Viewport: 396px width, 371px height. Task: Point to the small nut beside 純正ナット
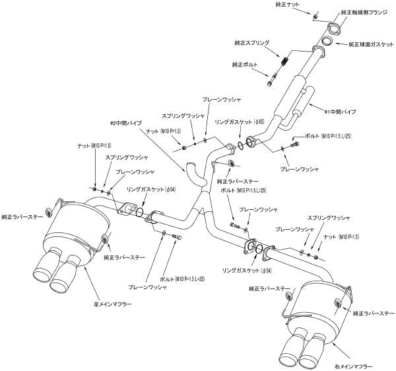coord(315,15)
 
